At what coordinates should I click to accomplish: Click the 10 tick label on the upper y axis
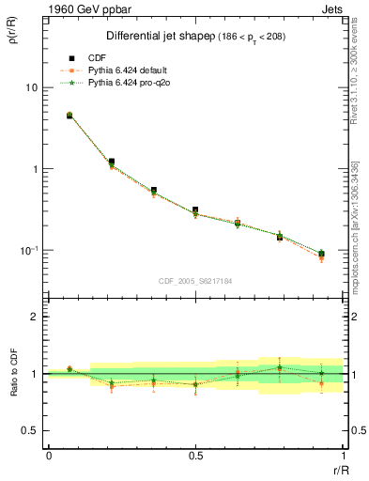pos(31,87)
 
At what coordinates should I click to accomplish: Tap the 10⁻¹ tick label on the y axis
pos(29,250)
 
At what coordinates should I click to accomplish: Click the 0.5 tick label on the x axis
pos(195,455)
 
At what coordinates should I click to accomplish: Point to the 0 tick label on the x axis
pos(49,455)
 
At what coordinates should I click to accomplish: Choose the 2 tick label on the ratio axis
pos(35,318)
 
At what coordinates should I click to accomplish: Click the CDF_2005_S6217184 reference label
pos(195,280)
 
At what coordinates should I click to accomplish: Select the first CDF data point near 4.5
pos(69,116)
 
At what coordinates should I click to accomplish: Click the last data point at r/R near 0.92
pos(321,254)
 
